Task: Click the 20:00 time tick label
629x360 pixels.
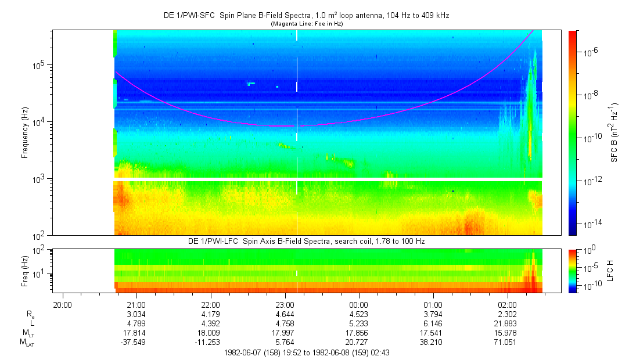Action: click(x=62, y=304)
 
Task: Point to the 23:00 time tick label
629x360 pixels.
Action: click(x=285, y=304)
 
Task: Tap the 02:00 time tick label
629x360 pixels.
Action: click(x=507, y=304)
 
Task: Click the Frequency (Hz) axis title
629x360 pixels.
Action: click(x=24, y=133)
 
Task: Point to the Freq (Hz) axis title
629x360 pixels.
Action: click(x=24, y=270)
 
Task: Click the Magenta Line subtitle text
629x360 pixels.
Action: click(x=306, y=24)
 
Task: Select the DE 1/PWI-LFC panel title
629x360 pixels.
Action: click(x=306, y=241)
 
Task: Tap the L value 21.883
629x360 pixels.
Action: click(x=507, y=323)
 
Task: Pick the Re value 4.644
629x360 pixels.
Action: click(x=285, y=314)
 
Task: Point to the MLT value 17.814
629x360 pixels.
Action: click(x=136, y=333)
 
